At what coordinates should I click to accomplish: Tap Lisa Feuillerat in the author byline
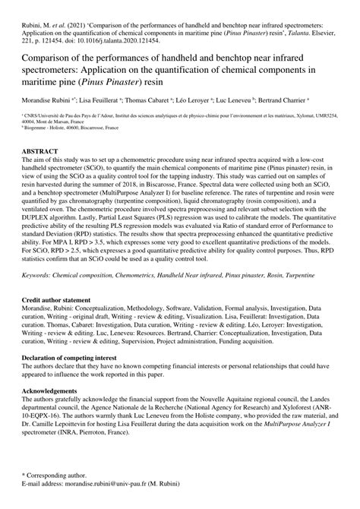(101, 100)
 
